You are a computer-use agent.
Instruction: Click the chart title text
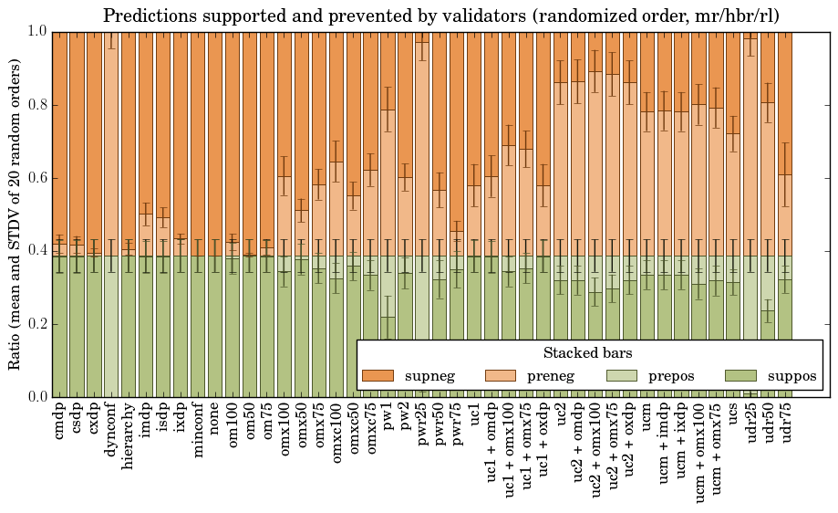point(440,16)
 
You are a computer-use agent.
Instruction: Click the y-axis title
point(16,214)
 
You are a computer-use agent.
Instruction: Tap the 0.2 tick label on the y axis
point(36,324)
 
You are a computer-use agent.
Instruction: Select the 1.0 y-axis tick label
point(36,31)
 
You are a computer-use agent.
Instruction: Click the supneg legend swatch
point(378,376)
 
